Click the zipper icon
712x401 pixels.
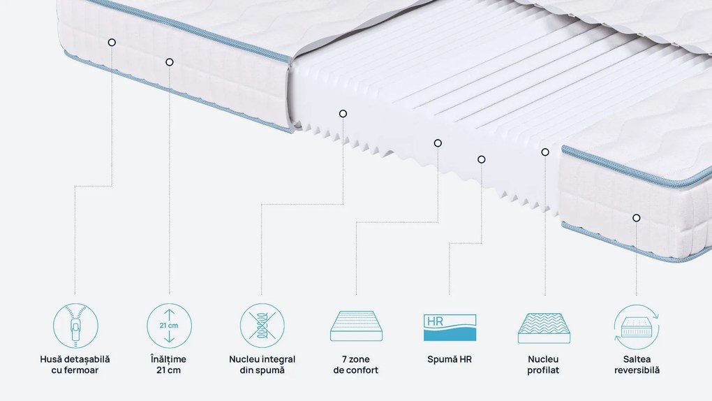[x=75, y=326]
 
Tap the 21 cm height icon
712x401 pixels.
[x=169, y=326]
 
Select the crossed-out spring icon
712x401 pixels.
[x=262, y=326]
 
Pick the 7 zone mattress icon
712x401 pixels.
[x=356, y=326]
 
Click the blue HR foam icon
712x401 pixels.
[x=450, y=328]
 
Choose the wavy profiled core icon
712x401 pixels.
[x=544, y=328]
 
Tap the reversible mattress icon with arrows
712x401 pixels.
[x=637, y=327]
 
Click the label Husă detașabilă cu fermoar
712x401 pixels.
[x=75, y=365]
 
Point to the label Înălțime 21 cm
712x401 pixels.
[x=168, y=365]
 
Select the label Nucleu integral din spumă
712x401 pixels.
[x=262, y=365]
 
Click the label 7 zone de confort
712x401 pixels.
[x=355, y=365]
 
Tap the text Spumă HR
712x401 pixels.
[x=450, y=359]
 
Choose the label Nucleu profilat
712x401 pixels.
[x=543, y=365]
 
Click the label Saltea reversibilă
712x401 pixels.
[x=637, y=365]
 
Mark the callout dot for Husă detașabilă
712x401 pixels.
[x=112, y=43]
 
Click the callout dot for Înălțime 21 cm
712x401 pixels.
[x=170, y=62]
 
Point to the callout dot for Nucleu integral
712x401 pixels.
[x=343, y=114]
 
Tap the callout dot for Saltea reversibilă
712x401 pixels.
[x=636, y=218]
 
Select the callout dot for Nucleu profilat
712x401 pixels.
[x=545, y=152]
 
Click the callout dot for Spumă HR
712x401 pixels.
[x=482, y=159]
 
